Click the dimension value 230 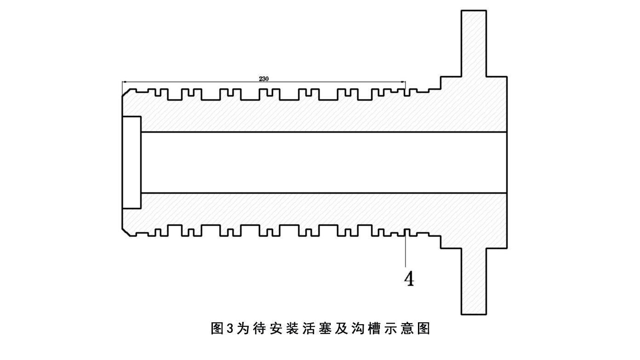(263, 79)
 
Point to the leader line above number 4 (405, 251)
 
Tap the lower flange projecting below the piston (474, 280)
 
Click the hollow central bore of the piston (322, 162)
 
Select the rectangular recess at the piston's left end (131, 162)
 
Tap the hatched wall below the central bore (322, 209)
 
